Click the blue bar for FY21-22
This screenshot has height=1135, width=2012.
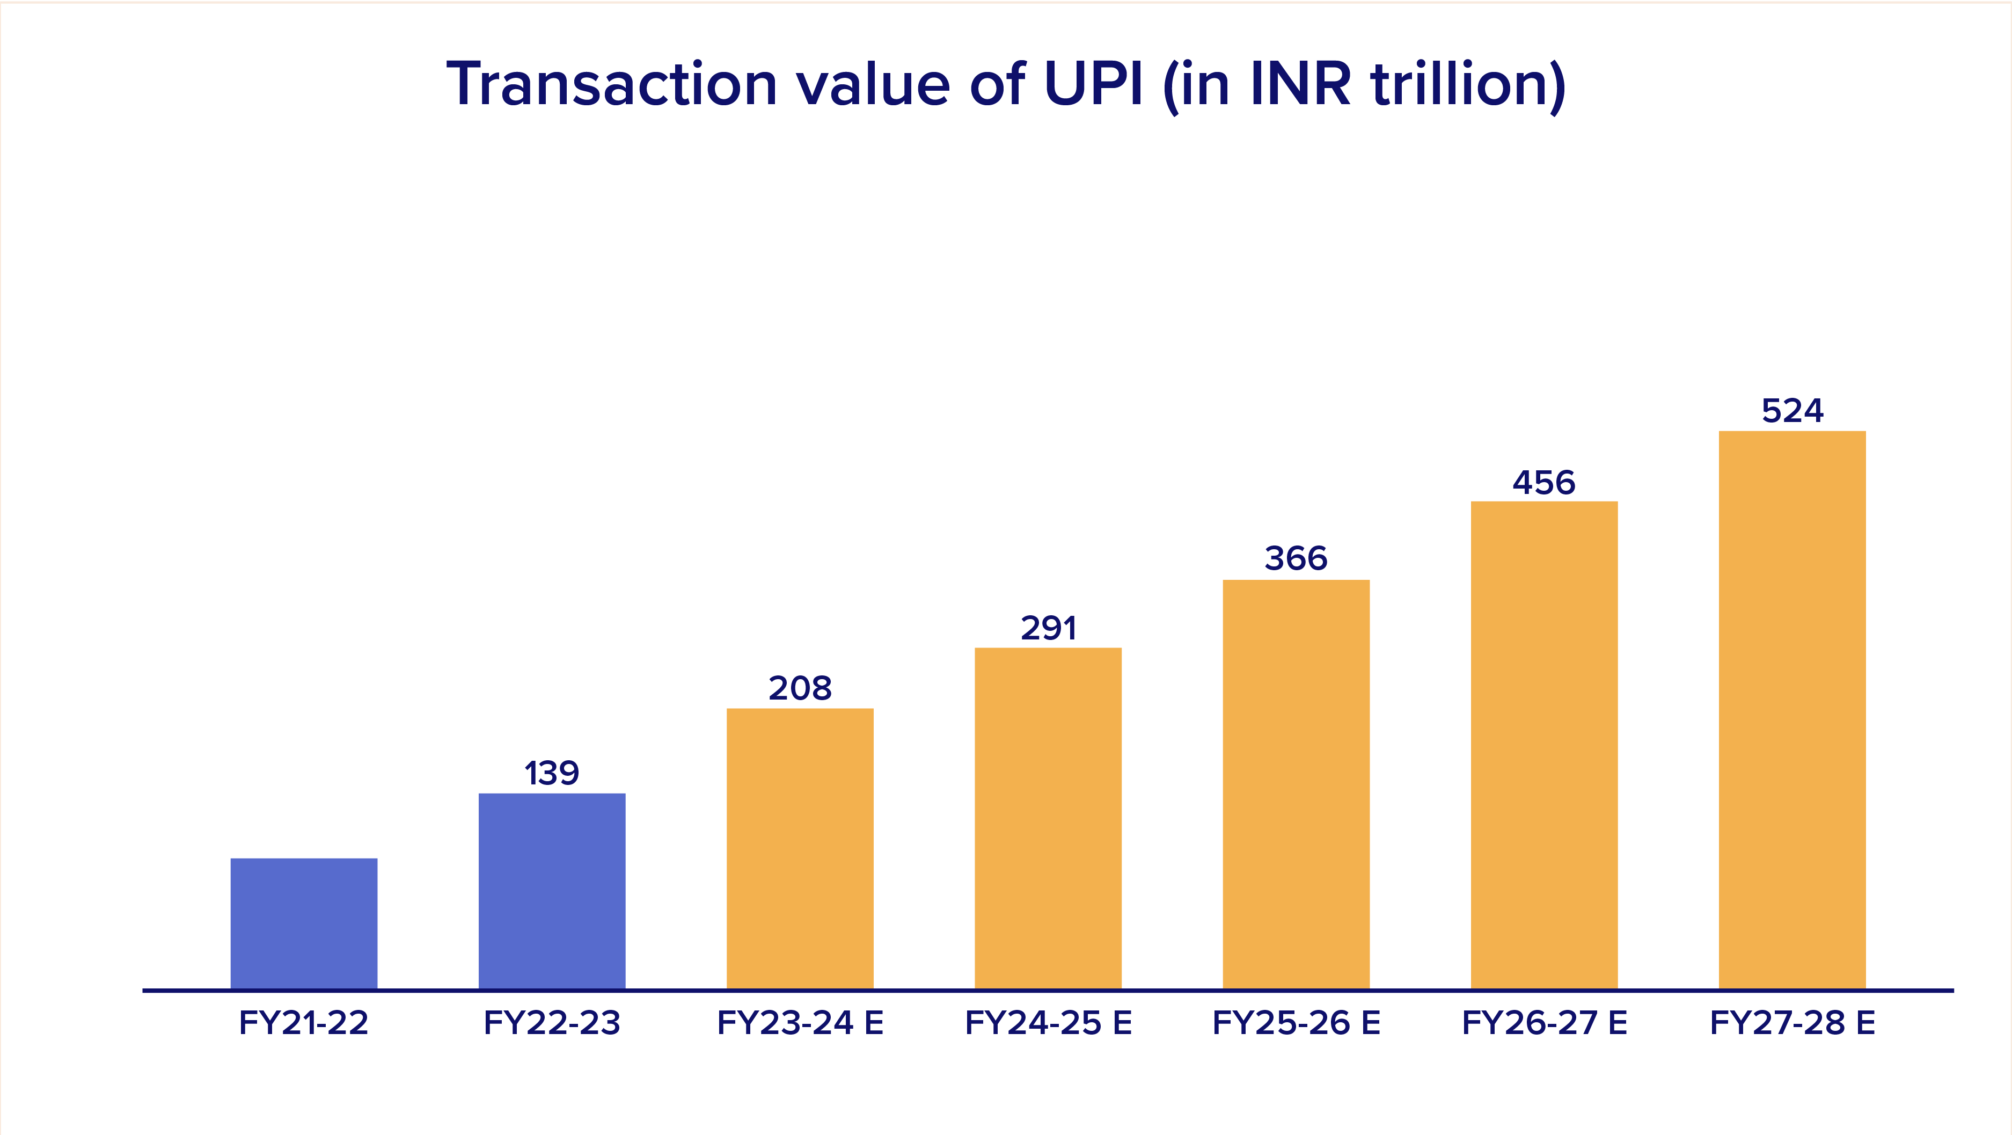[304, 923]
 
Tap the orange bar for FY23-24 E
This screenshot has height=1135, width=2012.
[800, 848]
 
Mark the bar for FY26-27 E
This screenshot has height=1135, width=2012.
[1543, 745]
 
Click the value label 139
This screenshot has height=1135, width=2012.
[551, 773]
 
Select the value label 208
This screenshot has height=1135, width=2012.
[800, 688]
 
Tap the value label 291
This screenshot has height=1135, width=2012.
[1048, 628]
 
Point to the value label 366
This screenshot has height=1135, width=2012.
[1296, 558]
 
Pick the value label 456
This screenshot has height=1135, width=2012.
[1543, 483]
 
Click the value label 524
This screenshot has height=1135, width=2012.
[1792, 411]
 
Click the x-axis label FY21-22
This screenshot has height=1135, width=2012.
[304, 1022]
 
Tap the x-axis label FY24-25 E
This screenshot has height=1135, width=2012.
[1048, 1022]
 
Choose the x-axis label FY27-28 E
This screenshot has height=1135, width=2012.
[1792, 1022]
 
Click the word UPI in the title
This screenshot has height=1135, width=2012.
[1093, 84]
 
